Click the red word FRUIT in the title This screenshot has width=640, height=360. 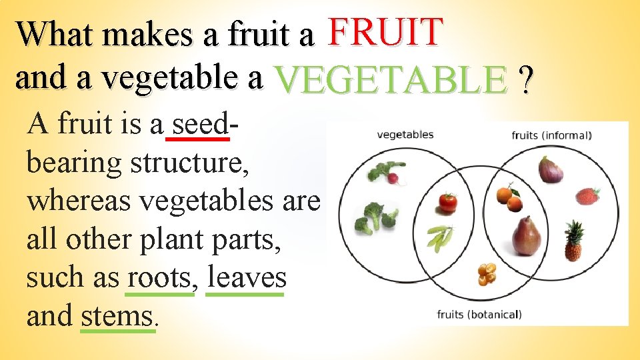click(386, 31)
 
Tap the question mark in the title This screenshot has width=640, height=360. click(527, 81)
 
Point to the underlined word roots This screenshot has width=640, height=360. click(159, 277)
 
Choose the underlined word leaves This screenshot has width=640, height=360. click(246, 277)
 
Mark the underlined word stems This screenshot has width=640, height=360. click(117, 315)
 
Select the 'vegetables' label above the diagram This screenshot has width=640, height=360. click(405, 135)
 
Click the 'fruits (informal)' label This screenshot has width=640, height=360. click(551, 136)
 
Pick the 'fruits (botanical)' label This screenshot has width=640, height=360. click(479, 314)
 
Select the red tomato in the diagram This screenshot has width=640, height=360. click(448, 202)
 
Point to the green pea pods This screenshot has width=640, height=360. click(440, 237)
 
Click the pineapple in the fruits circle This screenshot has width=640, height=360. click(573, 241)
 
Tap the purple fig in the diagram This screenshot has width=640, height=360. click(550, 170)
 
